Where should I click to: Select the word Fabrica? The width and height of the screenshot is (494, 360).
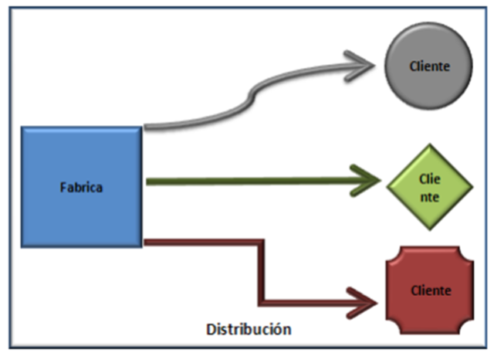click(x=81, y=187)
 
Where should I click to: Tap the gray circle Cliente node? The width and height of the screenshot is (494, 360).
click(x=429, y=66)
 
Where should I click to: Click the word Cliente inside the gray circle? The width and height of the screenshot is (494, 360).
click(x=430, y=66)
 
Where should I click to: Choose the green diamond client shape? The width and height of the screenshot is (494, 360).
click(x=430, y=186)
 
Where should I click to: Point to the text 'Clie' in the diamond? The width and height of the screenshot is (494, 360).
click(x=430, y=178)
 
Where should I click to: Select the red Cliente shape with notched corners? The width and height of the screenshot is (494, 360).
click(x=430, y=290)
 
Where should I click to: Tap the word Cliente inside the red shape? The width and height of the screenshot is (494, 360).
click(x=430, y=291)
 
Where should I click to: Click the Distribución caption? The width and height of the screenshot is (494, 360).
click(x=249, y=329)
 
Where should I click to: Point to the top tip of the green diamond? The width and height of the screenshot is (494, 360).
click(x=430, y=145)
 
